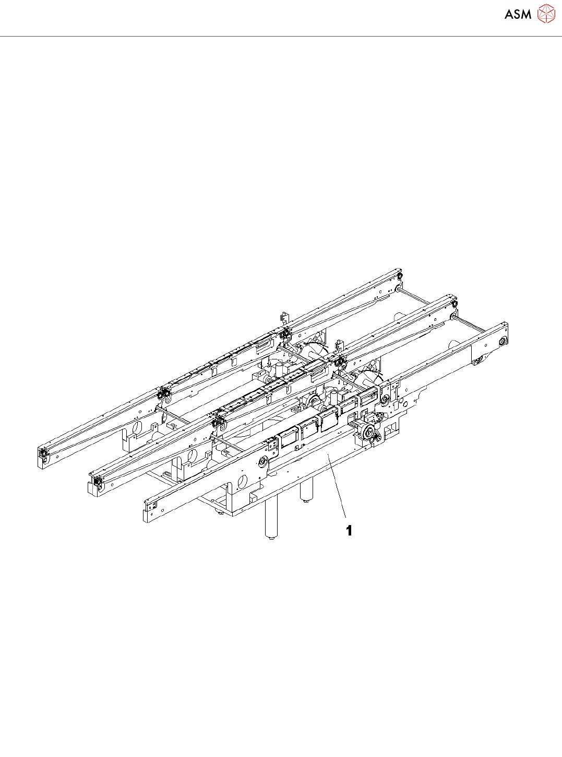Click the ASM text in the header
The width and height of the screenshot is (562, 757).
[518, 14]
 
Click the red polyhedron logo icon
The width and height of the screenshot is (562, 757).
[546, 14]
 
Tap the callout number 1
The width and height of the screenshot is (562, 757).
[349, 530]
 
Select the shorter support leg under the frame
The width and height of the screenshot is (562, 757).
[306, 489]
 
